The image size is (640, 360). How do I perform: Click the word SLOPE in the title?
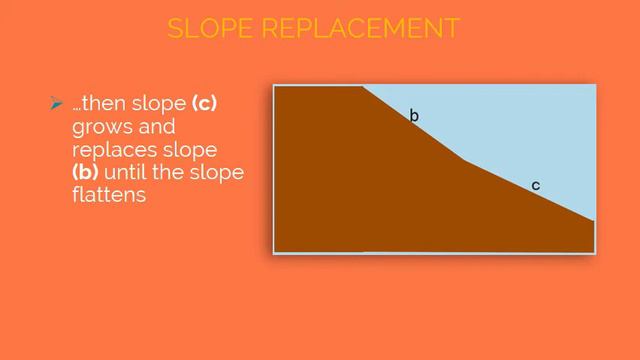pyautogui.click(x=212, y=28)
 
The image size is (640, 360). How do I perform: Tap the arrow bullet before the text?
pyautogui.click(x=56, y=104)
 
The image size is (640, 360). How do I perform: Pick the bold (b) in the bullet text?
pyautogui.click(x=86, y=173)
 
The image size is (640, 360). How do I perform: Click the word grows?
pyautogui.click(x=99, y=128)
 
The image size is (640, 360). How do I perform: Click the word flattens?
pyautogui.click(x=109, y=195)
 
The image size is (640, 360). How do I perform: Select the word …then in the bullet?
pyautogui.click(x=98, y=105)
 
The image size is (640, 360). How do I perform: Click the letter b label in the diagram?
pyautogui.click(x=414, y=117)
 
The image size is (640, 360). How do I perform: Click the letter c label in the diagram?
pyautogui.click(x=536, y=185)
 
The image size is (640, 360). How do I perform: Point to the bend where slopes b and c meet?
pyautogui.click(x=463, y=160)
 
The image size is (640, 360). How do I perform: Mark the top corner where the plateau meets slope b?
pyautogui.click(x=362, y=87)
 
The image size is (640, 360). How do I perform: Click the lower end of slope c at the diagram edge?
pyautogui.click(x=594, y=220)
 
